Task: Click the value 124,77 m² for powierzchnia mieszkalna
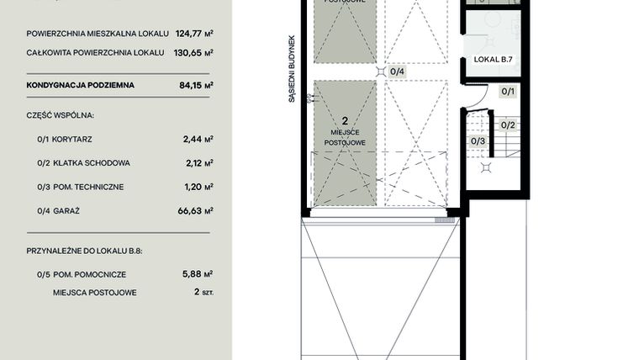pyautogui.click(x=194, y=34)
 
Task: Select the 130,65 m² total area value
pyautogui.click(x=194, y=52)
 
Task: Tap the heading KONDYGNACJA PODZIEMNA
pyautogui.click(x=81, y=85)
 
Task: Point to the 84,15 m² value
pyautogui.click(x=197, y=85)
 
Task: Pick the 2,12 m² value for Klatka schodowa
pyautogui.click(x=198, y=162)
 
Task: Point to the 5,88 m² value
pyautogui.click(x=198, y=273)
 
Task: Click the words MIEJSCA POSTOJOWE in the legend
pyautogui.click(x=95, y=293)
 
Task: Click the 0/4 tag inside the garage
pyautogui.click(x=398, y=71)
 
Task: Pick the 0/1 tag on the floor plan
pyautogui.click(x=508, y=91)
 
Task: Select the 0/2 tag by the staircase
pyautogui.click(x=508, y=125)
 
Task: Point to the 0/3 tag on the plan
pyautogui.click(x=478, y=140)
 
